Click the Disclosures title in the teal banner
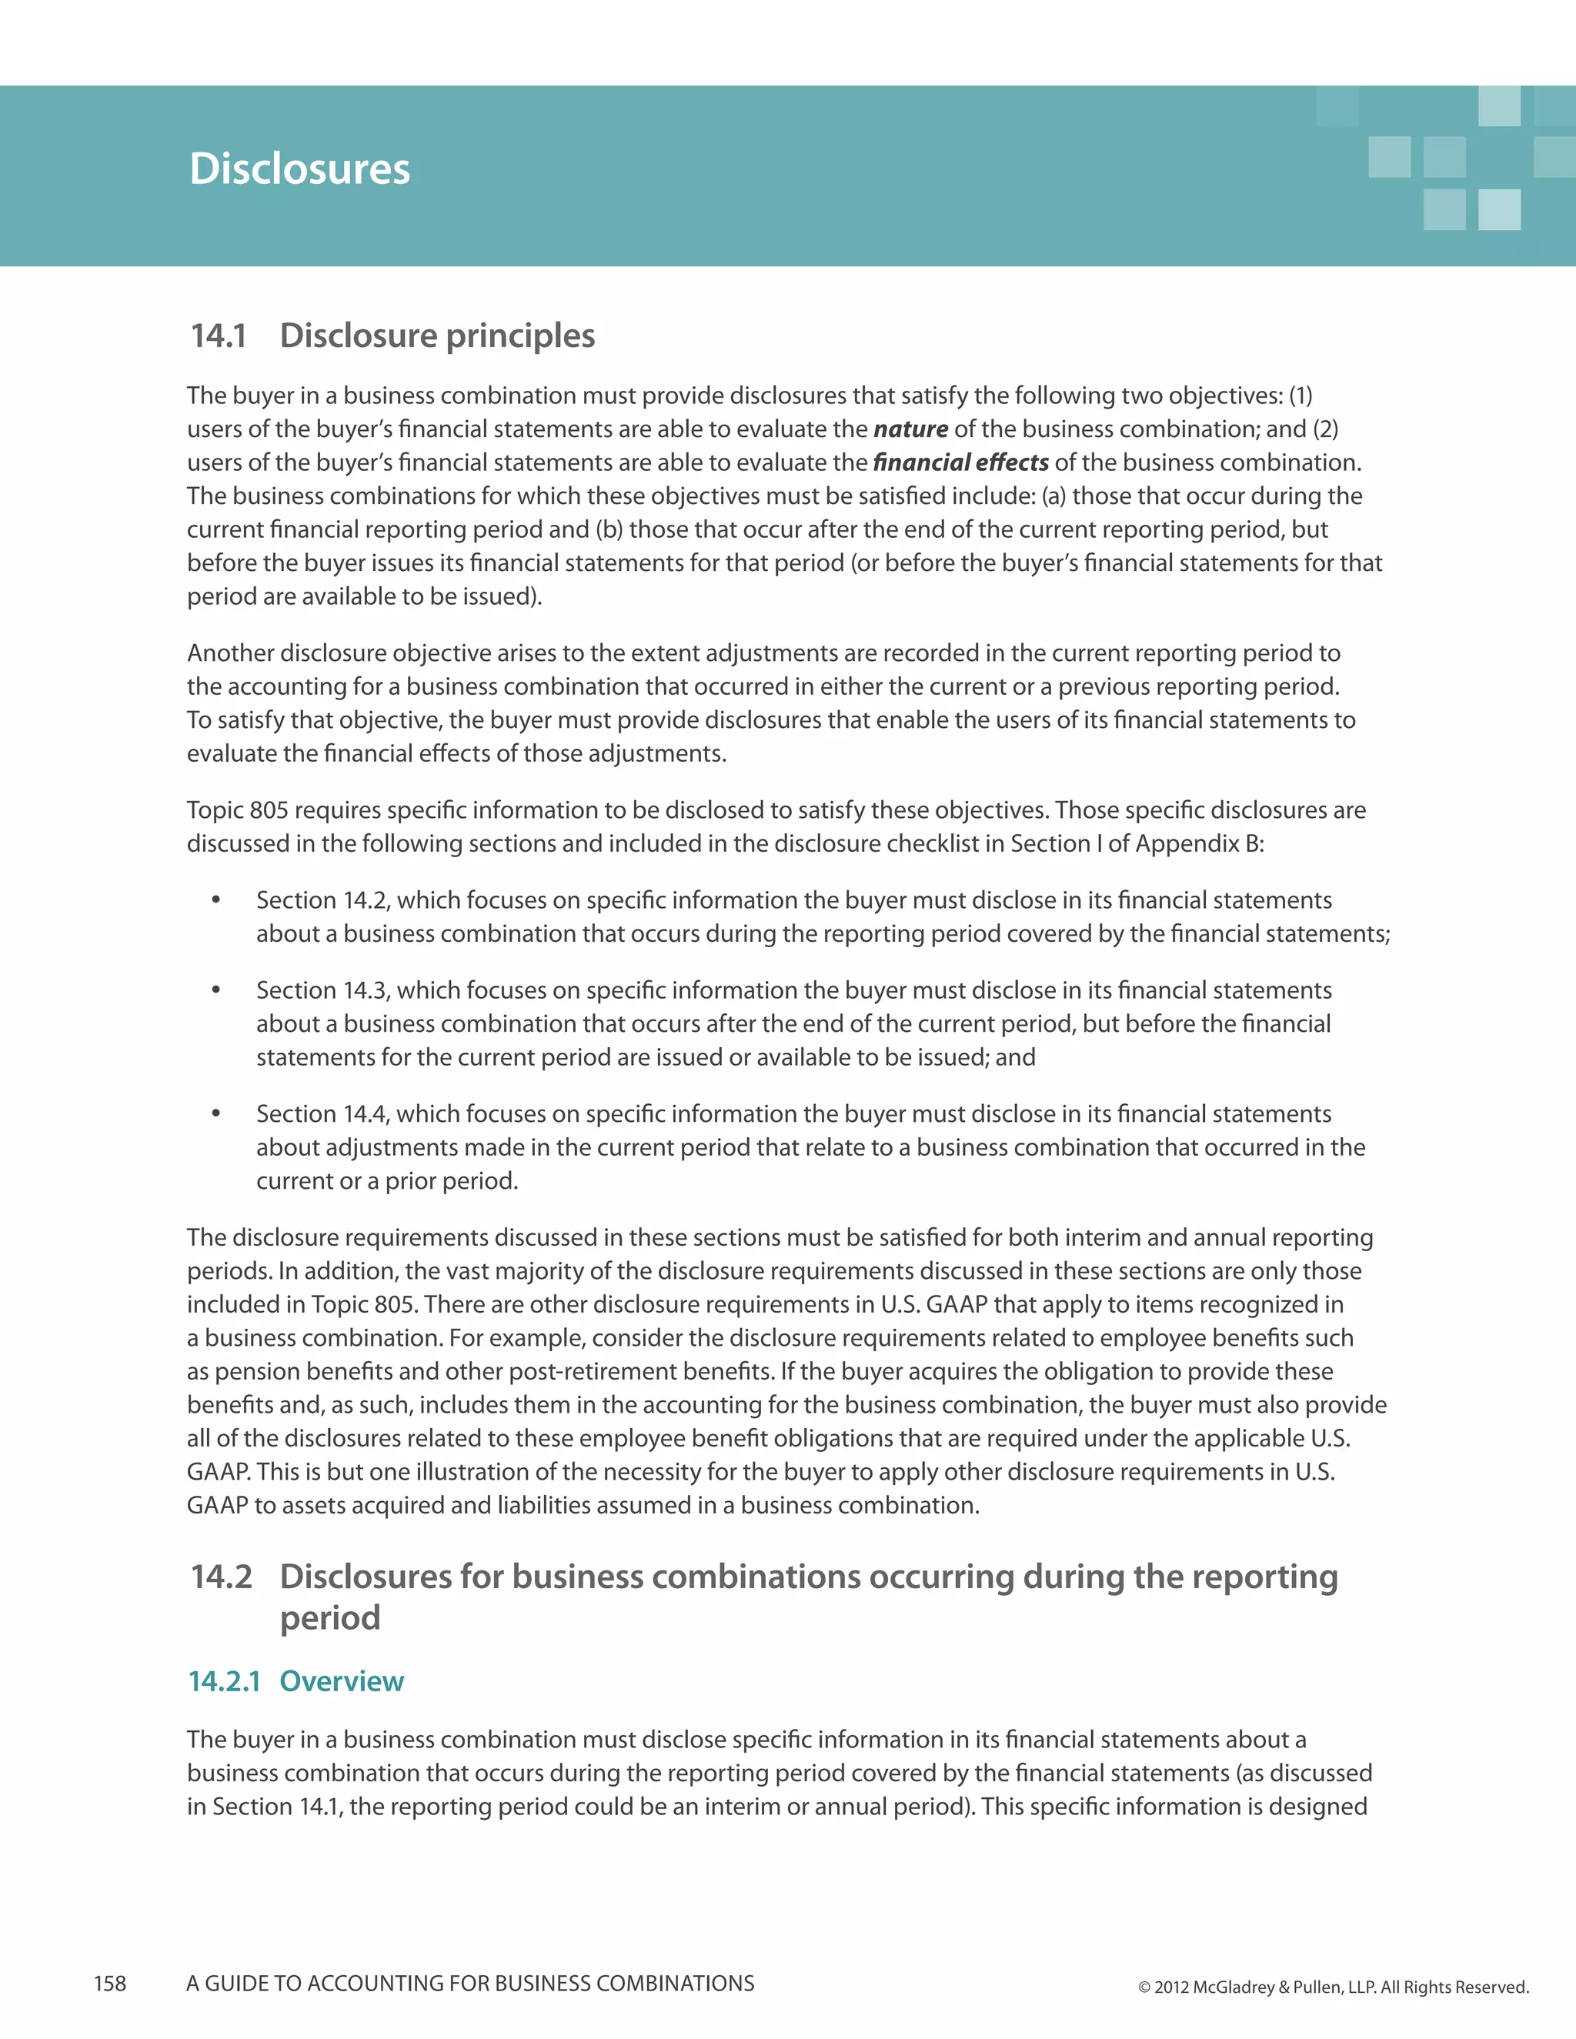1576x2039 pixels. point(299,169)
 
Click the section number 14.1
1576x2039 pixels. point(219,336)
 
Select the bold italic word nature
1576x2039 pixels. point(910,429)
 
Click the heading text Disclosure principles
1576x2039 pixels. point(437,336)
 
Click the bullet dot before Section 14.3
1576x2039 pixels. point(215,989)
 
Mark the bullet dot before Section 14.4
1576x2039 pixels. point(215,1113)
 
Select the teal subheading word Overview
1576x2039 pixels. point(342,1681)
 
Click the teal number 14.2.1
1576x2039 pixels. point(224,1681)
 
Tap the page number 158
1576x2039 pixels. point(110,1984)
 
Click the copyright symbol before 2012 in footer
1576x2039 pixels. point(1144,1987)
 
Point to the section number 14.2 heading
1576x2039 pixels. point(222,1577)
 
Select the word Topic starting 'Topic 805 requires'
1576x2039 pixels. point(214,810)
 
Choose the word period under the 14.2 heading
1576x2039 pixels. point(329,1618)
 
